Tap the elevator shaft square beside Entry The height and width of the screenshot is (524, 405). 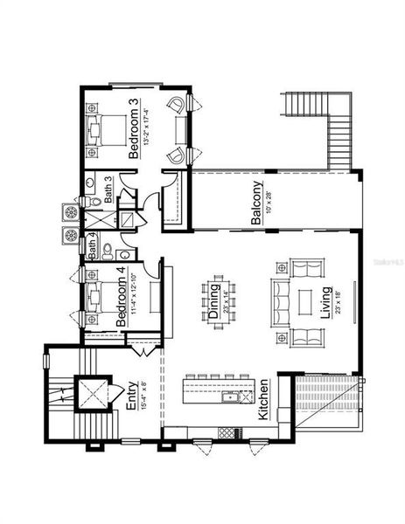click(x=90, y=393)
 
